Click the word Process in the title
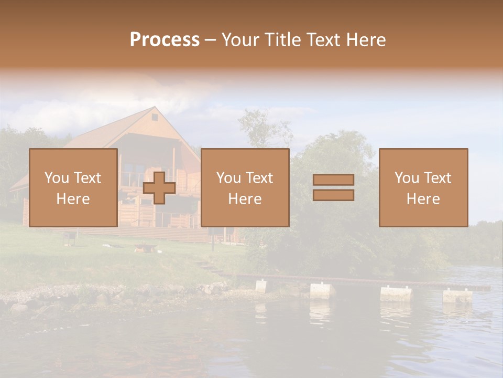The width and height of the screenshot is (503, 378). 165,40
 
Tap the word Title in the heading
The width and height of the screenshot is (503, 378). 282,40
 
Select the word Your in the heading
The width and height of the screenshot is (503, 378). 240,40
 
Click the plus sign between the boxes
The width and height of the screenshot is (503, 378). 159,188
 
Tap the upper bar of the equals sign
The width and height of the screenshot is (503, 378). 333,180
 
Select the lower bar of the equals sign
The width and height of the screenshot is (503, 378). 333,195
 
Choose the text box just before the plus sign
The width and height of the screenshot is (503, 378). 73,187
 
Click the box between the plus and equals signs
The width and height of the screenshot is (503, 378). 245,187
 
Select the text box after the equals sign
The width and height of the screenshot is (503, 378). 423,187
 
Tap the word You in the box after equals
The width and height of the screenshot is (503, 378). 407,178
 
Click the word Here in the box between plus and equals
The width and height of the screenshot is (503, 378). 245,199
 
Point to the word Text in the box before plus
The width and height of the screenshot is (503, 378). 87,178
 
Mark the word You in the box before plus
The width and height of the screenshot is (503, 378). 57,178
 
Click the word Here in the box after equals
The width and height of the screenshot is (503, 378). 423,199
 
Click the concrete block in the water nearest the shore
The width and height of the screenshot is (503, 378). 260,286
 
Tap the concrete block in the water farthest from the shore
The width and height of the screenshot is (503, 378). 457,296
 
